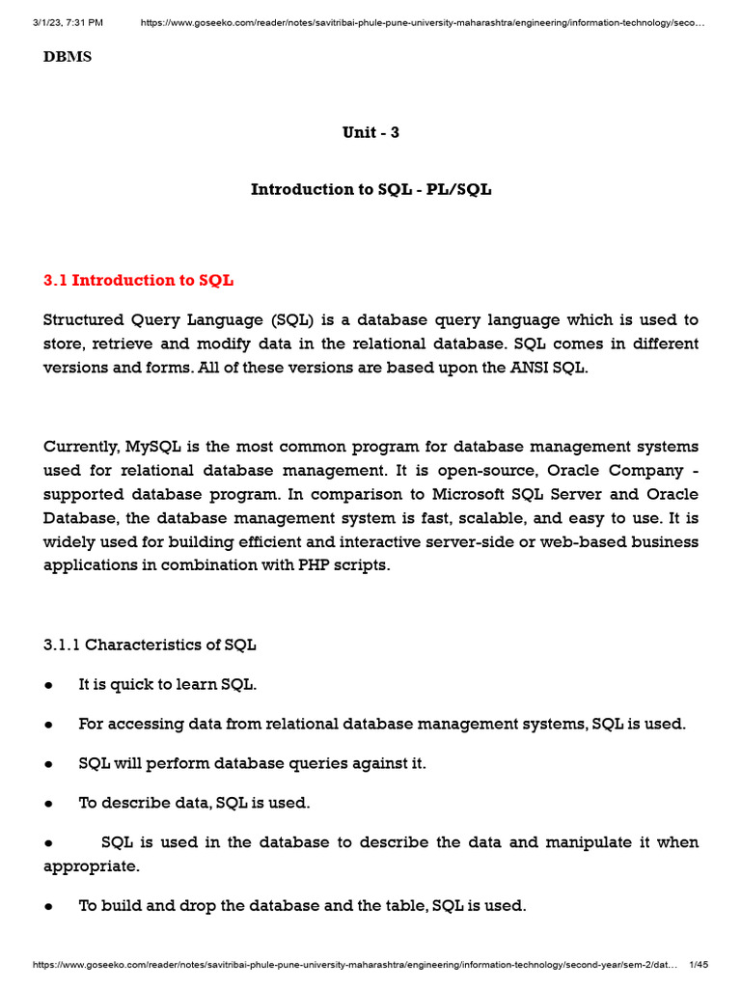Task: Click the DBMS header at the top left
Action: click(68, 57)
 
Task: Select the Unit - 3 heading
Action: click(370, 132)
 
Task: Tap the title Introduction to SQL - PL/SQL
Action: click(370, 189)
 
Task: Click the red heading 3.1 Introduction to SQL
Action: click(138, 281)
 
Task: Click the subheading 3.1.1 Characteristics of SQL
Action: click(150, 644)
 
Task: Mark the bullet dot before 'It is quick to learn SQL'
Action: click(48, 685)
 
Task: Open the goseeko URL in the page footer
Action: click(357, 966)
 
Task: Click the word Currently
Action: click(81, 446)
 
